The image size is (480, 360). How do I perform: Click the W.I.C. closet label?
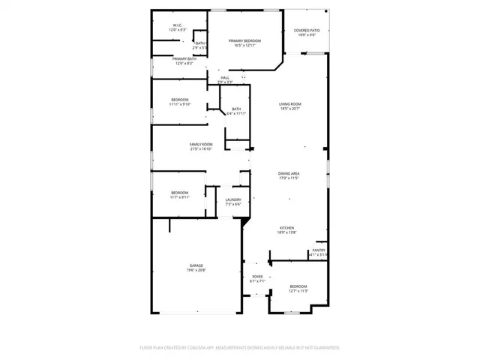click(x=178, y=25)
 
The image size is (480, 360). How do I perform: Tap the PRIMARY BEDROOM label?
click(x=245, y=40)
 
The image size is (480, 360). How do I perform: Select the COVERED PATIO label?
click(x=306, y=31)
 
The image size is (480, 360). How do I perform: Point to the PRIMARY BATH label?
click(x=184, y=58)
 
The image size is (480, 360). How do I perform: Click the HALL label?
click(x=225, y=77)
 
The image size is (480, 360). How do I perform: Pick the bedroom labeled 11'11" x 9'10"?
click(x=180, y=102)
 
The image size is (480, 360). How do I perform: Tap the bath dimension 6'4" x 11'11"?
click(x=236, y=113)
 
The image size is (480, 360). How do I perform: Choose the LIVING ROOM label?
click(x=290, y=104)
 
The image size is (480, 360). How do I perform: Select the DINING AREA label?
click(x=289, y=173)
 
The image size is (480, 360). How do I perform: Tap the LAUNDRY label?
click(x=233, y=199)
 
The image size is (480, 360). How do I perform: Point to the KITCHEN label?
click(x=287, y=228)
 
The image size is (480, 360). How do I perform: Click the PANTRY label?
click(x=319, y=250)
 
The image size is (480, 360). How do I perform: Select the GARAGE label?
click(x=196, y=265)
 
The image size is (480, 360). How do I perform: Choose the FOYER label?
click(x=257, y=277)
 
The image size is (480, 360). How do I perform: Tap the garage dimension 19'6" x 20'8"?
click(x=196, y=271)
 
